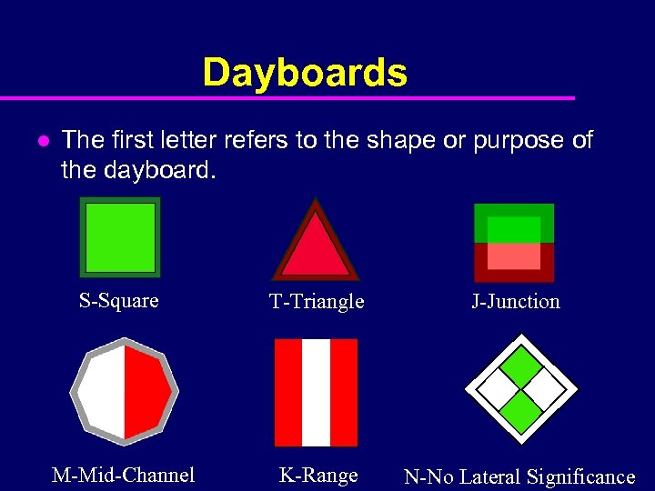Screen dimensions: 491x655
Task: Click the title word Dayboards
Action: [x=305, y=73]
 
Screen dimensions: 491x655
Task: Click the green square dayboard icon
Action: [x=120, y=237]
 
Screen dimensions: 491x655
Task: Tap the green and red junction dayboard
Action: [x=514, y=243]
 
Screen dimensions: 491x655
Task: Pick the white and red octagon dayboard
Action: [x=125, y=392]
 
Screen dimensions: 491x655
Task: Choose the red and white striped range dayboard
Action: [x=316, y=393]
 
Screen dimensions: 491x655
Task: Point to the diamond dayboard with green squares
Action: [x=521, y=390]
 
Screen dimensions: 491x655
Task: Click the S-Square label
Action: [x=118, y=301]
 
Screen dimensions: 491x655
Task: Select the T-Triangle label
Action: [x=317, y=302]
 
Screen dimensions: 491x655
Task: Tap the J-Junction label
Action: [x=515, y=302]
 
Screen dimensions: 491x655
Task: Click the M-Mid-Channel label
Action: [x=124, y=475]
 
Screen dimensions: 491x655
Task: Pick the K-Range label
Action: [x=318, y=475]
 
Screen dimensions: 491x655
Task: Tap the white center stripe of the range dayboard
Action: [x=316, y=393]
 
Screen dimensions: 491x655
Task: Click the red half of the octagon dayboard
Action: [x=146, y=392]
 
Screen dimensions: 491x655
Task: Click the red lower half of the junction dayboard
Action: [x=514, y=262]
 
